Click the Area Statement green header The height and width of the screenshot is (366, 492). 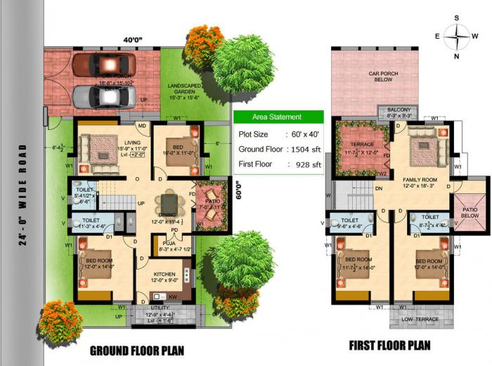tap(278, 117)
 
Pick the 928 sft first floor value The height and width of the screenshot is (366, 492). tap(306, 165)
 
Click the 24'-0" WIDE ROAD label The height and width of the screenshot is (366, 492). tap(24, 199)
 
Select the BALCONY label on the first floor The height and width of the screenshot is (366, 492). tap(398, 110)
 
